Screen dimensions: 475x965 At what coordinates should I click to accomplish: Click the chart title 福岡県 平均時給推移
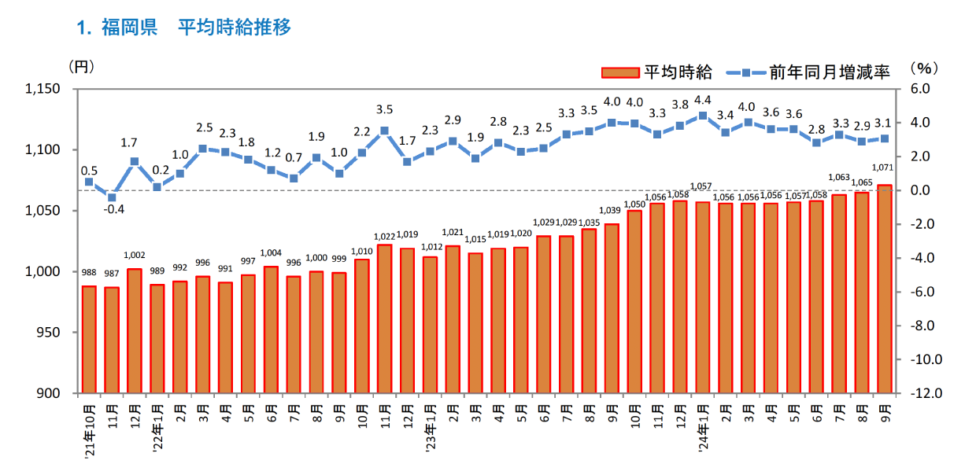pyautogui.click(x=185, y=28)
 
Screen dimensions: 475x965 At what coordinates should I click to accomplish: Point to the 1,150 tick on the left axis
pyautogui.click(x=45, y=89)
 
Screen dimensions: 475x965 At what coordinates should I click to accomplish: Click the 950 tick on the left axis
pyautogui.click(x=53, y=333)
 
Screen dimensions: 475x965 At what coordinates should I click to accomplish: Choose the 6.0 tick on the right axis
pyautogui.click(x=918, y=89)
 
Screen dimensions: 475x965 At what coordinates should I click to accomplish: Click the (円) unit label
pyautogui.click(x=82, y=66)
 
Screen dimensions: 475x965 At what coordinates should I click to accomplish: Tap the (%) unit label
pyautogui.click(x=923, y=68)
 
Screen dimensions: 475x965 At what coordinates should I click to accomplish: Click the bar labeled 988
pyautogui.click(x=89, y=339)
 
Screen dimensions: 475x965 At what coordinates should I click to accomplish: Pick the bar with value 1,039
pyautogui.click(x=612, y=308)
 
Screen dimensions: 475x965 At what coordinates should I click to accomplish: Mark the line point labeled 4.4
pyautogui.click(x=702, y=116)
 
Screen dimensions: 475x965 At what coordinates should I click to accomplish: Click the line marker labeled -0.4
pyautogui.click(x=112, y=197)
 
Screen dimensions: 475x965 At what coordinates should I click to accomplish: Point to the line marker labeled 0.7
pyautogui.click(x=294, y=179)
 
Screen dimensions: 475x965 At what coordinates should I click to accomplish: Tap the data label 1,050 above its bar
pyautogui.click(x=634, y=204)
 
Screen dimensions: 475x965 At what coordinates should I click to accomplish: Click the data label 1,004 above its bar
pyautogui.click(x=271, y=252)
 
